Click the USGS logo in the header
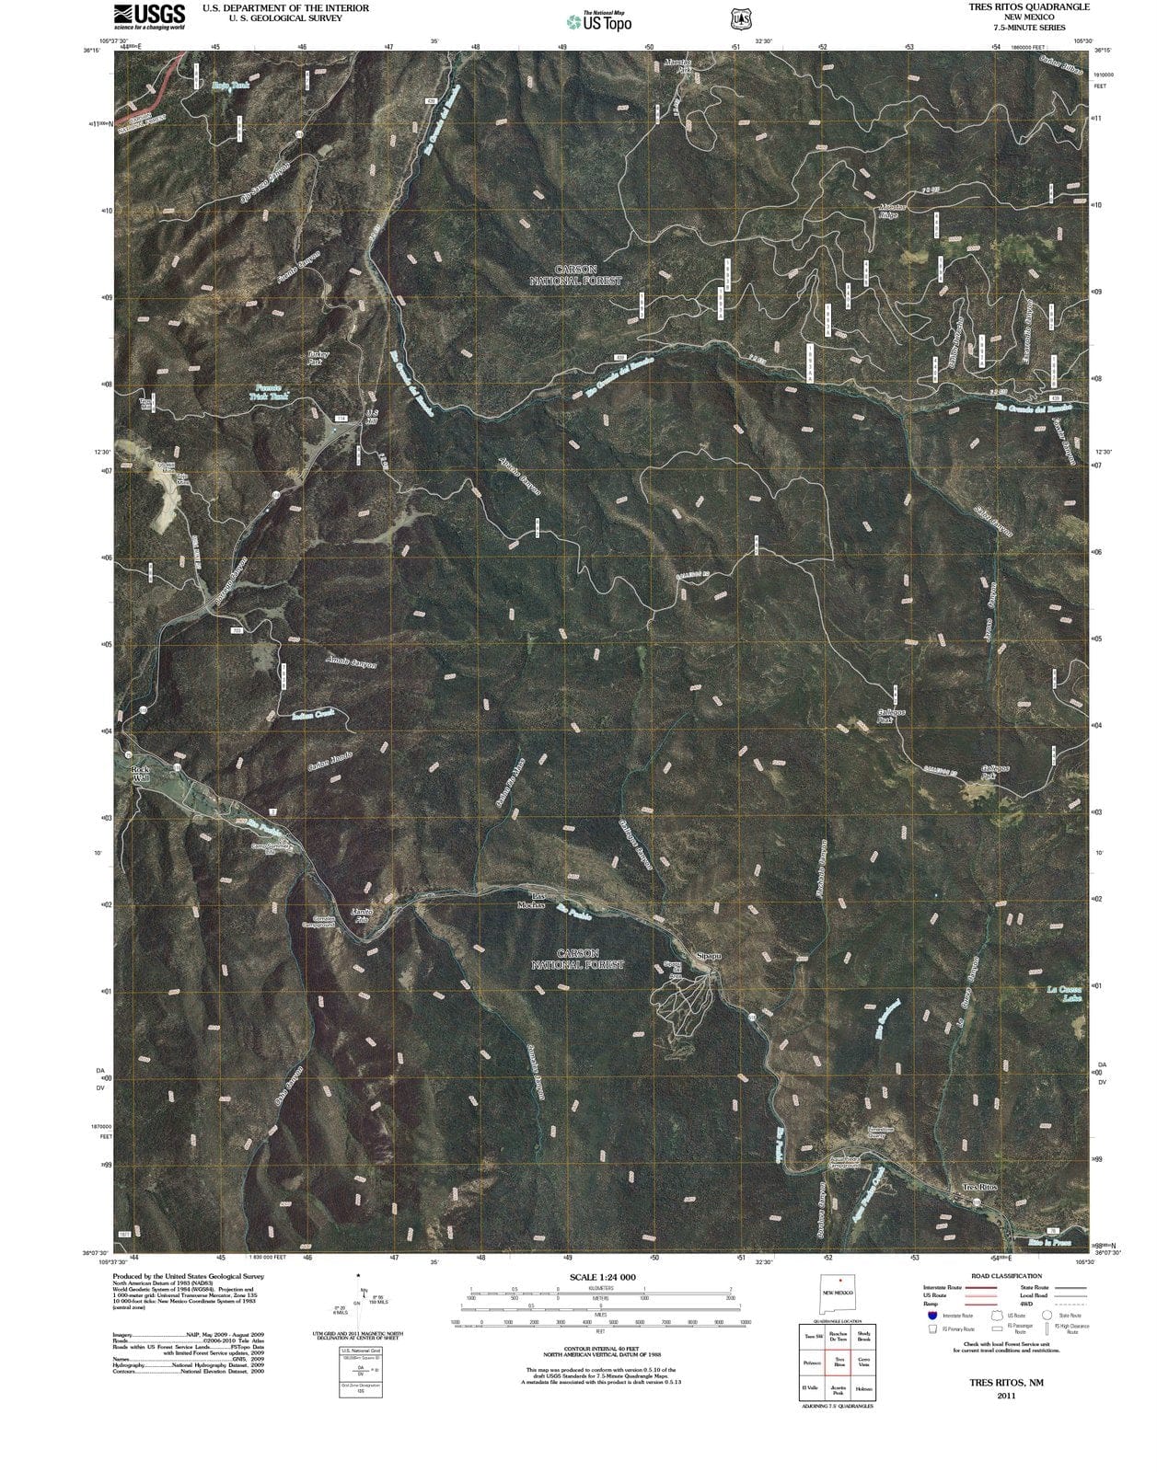(148, 16)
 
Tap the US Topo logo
(599, 21)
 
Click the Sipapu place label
(708, 956)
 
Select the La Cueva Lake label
(1064, 993)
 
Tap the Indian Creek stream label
(313, 714)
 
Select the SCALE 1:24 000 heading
(603, 1277)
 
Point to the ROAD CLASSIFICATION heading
(1006, 1276)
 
